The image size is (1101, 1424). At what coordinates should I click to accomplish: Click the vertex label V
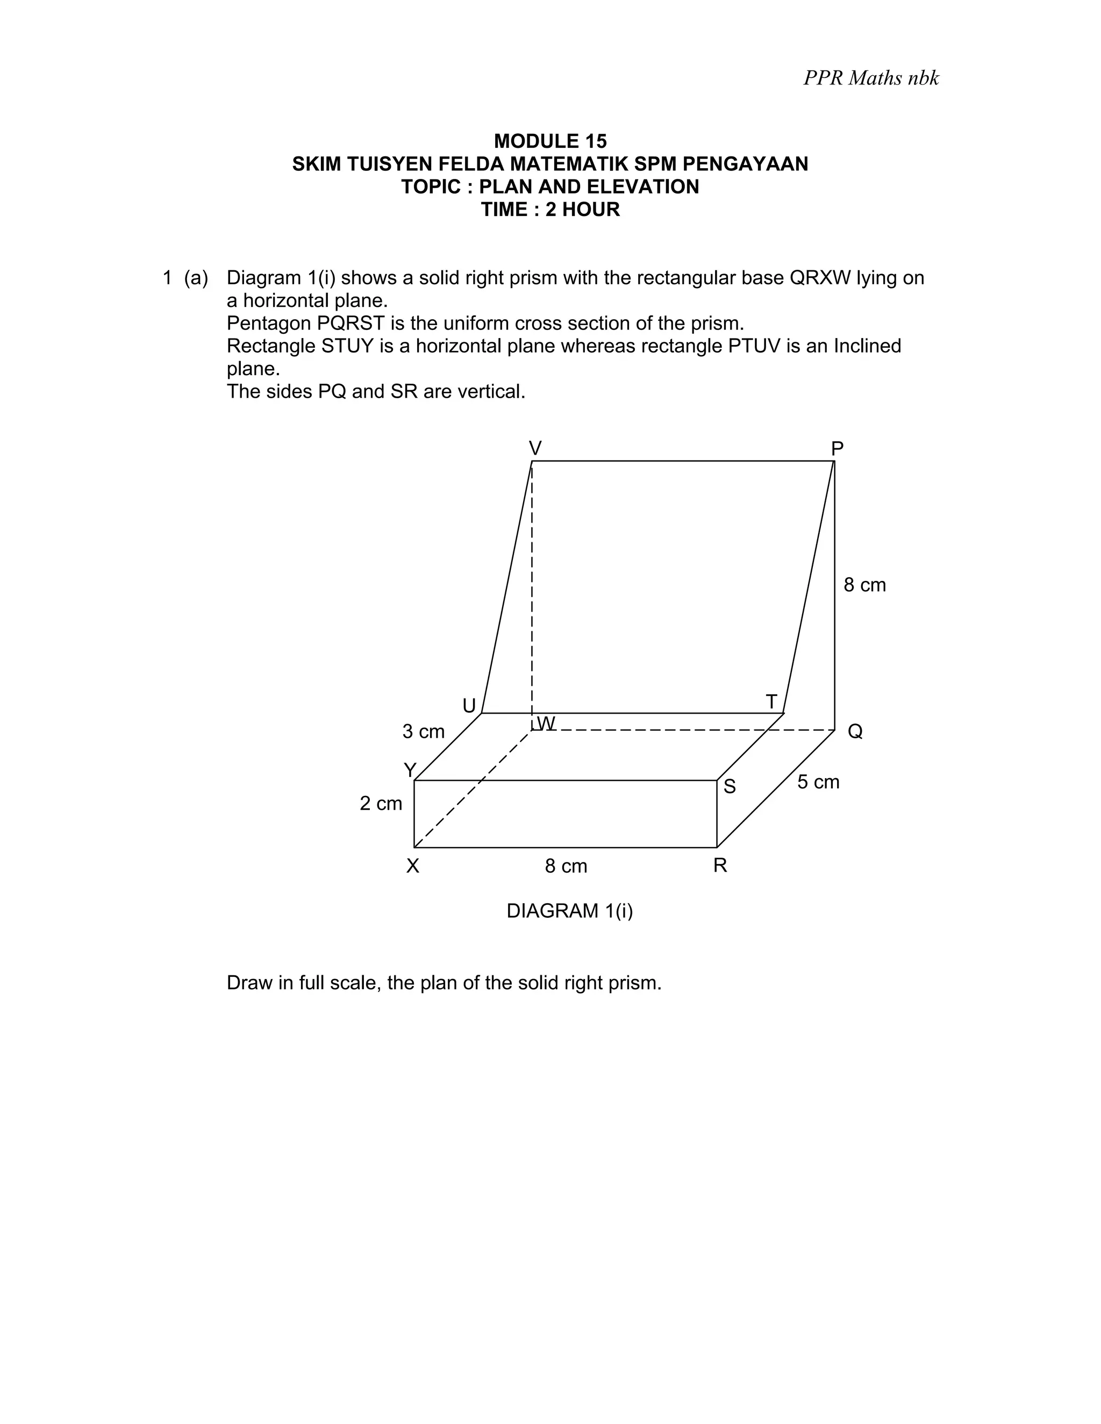click(535, 449)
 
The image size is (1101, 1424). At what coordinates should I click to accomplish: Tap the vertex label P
click(838, 449)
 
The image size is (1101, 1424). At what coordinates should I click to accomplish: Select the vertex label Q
click(855, 731)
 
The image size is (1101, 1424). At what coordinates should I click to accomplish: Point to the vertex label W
click(546, 723)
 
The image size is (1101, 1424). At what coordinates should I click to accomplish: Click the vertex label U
click(469, 706)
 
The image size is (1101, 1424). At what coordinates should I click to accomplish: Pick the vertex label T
click(771, 702)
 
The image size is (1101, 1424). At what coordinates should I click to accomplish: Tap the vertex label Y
click(410, 771)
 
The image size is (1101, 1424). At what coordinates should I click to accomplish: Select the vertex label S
click(730, 787)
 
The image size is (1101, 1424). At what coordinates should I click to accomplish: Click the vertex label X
click(413, 866)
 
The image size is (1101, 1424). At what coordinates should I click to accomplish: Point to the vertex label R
click(720, 865)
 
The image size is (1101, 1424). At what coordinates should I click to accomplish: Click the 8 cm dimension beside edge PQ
click(865, 585)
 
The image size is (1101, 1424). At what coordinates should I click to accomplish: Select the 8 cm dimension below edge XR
click(566, 866)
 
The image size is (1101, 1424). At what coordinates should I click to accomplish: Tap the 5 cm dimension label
click(818, 782)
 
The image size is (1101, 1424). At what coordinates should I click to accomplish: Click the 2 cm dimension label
click(381, 803)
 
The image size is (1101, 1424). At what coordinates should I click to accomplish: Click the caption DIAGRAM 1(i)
click(569, 911)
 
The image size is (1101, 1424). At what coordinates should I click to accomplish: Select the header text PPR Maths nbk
click(871, 77)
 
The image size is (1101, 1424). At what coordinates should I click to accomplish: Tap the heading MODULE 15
click(550, 141)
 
